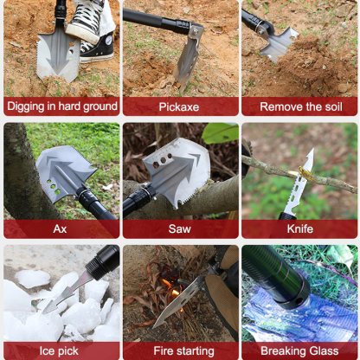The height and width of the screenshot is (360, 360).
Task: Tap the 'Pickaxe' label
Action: coord(180,106)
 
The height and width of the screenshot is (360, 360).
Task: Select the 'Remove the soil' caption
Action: coord(299,106)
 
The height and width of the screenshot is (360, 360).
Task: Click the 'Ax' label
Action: coord(61,229)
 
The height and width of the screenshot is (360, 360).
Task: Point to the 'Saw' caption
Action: coord(180,229)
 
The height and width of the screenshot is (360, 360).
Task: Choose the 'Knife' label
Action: coord(299,229)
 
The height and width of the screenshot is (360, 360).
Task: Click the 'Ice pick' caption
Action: coord(61,351)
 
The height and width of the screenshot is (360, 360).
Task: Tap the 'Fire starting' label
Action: coord(180,351)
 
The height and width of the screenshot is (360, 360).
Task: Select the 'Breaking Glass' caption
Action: coord(299,351)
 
